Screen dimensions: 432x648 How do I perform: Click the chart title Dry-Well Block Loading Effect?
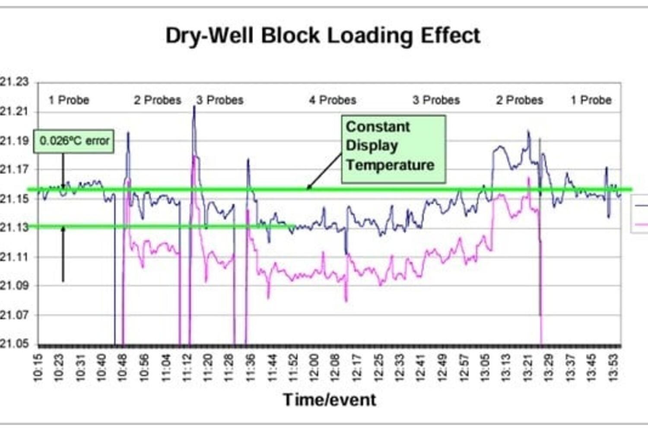323,35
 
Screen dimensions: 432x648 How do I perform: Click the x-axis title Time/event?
329,400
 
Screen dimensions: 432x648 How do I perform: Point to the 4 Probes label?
332,100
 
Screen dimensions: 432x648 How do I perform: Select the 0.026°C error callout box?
74,141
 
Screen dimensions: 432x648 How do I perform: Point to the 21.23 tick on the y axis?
14,82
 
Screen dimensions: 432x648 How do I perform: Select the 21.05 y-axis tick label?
14,344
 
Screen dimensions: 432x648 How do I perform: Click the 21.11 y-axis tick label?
14,257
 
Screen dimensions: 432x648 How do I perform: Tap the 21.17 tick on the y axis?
14,169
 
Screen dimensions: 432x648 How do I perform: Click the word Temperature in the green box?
390,165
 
